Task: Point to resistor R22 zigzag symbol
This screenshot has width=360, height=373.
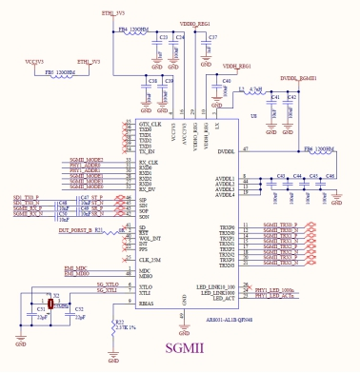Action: pos(112,325)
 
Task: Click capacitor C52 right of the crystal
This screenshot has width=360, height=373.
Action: pos(79,310)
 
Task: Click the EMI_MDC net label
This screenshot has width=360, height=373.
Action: pos(75,269)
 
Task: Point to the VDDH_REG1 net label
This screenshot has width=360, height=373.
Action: pos(236,67)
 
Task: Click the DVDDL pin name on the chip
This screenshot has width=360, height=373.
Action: pos(226,150)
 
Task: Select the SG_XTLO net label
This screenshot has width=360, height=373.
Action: pos(107,285)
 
